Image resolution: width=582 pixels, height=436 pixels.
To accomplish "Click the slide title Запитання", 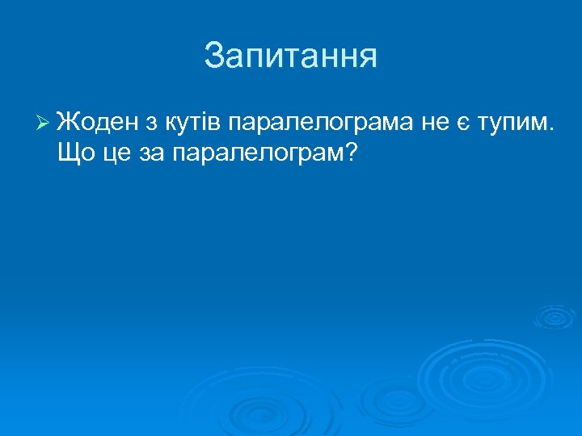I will [291, 57].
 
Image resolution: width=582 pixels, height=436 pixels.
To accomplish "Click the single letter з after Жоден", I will [153, 124].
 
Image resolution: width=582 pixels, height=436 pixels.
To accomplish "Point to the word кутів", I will [194, 123].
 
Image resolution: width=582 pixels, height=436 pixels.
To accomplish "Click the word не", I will [433, 124].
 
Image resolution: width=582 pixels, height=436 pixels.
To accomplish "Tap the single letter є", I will [463, 124].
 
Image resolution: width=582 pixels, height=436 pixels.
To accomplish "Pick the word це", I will [116, 153].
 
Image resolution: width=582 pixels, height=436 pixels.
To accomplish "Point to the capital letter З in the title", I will [214, 57].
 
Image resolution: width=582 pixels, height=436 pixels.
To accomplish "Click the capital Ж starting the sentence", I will [68, 123].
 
